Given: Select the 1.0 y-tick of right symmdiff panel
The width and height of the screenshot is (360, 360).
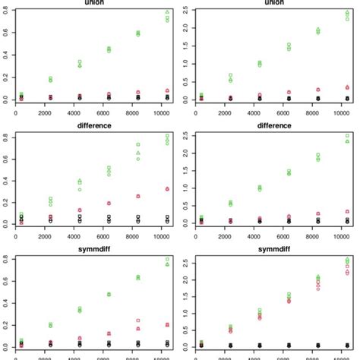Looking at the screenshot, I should (x=188, y=313).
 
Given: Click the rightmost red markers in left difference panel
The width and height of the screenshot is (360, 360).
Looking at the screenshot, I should (x=166, y=188).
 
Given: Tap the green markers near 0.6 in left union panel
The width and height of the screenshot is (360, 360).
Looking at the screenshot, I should (x=138, y=33).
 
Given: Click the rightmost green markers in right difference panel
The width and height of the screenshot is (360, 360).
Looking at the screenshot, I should (x=347, y=139).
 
